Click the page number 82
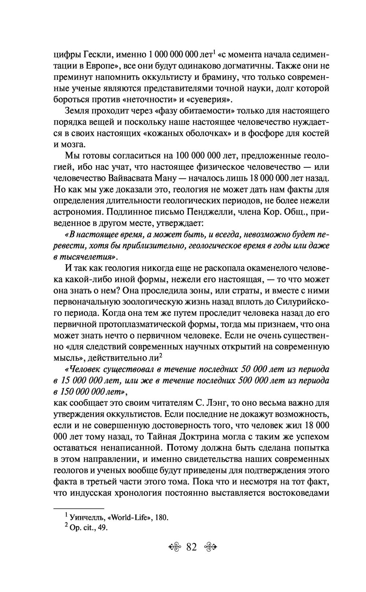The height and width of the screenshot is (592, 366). (191, 547)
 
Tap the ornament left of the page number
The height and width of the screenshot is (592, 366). (174, 548)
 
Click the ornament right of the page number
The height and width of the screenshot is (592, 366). (210, 548)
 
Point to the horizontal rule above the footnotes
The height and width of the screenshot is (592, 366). (79, 508)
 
